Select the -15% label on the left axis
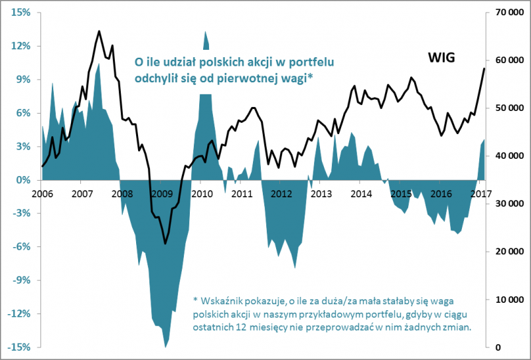pyautogui.click(x=19, y=347)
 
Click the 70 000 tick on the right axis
pyautogui.click(x=508, y=13)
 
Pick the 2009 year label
pyautogui.click(x=161, y=194)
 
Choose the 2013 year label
pyautogui.click(x=321, y=194)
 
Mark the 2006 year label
pyautogui.click(x=42, y=194)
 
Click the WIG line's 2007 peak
pyautogui.click(x=99, y=31)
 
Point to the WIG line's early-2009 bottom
pyautogui.click(x=165, y=244)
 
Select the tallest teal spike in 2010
pyautogui.click(x=206, y=31)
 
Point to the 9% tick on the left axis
pyautogui.click(x=22, y=80)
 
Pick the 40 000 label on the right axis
pyautogui.click(x=508, y=156)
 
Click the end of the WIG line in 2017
pyautogui.click(x=484, y=68)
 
